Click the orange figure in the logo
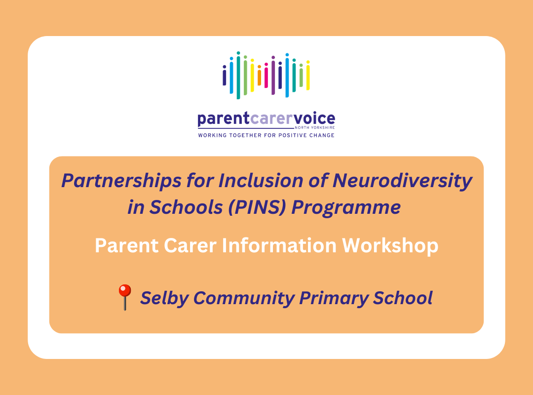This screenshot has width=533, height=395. pyautogui.click(x=259, y=75)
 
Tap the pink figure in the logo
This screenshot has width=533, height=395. pyautogui.click(x=266, y=76)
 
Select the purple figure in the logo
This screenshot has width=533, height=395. pyautogui.click(x=273, y=75)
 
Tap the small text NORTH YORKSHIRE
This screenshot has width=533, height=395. pyautogui.click(x=317, y=127)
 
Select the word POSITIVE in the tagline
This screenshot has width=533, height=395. pyautogui.click(x=293, y=135)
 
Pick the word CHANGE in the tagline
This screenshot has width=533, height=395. pyautogui.click(x=322, y=135)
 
